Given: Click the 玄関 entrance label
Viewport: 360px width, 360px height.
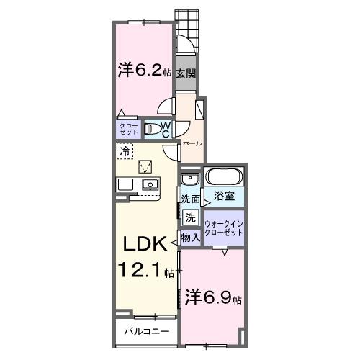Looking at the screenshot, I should pyautogui.click(x=185, y=73).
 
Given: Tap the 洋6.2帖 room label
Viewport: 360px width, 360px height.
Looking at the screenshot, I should pyautogui.click(x=144, y=71).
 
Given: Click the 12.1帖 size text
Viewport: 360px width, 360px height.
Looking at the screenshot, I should pyautogui.click(x=147, y=271).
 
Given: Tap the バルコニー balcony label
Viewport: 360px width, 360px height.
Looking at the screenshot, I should pyautogui.click(x=146, y=332).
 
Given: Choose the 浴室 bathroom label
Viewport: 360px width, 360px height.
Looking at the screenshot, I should pyautogui.click(x=224, y=194).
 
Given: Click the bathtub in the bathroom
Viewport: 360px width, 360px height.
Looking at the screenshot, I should pyautogui.click(x=225, y=177).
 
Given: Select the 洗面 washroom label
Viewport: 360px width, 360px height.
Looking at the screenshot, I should pyautogui.click(x=191, y=199).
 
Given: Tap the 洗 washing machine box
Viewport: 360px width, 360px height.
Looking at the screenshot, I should pyautogui.click(x=190, y=217).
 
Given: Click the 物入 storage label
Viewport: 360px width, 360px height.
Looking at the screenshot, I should pyautogui.click(x=190, y=237).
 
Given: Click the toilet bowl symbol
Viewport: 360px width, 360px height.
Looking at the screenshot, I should pyautogui.click(x=153, y=130).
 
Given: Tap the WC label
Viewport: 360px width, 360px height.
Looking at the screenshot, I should pyautogui.click(x=166, y=129).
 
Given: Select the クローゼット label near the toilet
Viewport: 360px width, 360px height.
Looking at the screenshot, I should pyautogui.click(x=128, y=130).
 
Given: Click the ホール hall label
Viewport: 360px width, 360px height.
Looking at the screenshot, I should pyautogui.click(x=192, y=144).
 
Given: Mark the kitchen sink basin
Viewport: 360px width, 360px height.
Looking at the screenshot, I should pyautogui.click(x=150, y=184).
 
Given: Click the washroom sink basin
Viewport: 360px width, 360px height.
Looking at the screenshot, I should pyautogui.click(x=189, y=179).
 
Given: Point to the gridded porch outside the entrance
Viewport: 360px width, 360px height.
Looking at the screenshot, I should pyautogui.click(x=186, y=25).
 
